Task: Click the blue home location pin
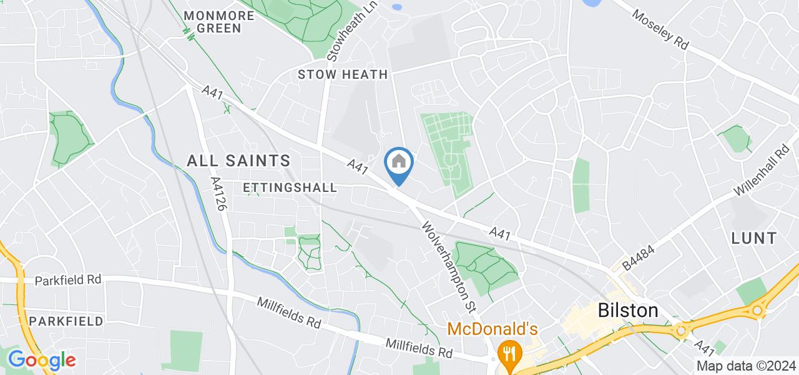pyautogui.click(x=399, y=164)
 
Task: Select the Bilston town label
pyautogui.click(x=627, y=311)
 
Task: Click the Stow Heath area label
pyautogui.click(x=343, y=74)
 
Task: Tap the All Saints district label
pyautogui.click(x=238, y=161)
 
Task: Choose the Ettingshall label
pyautogui.click(x=290, y=187)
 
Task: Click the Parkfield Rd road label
pyautogui.click(x=68, y=281)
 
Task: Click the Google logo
pyautogui.click(x=41, y=360)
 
